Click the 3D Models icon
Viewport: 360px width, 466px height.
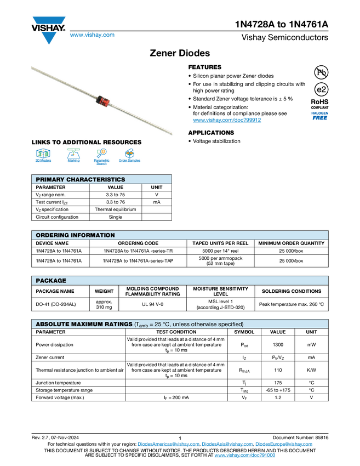[43, 154]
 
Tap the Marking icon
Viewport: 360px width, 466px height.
[73, 154]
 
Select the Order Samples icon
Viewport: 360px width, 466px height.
[130, 154]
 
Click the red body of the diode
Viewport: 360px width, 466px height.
[101, 100]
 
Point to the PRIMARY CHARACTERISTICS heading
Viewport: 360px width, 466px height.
[80, 179]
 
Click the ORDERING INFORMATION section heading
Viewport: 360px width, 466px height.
[75, 235]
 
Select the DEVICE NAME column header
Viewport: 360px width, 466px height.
[52, 243]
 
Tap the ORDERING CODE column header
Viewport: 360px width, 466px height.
[138, 243]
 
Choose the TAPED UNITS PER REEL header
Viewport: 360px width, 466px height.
[220, 243]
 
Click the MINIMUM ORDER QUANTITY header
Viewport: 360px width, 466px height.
[292, 243]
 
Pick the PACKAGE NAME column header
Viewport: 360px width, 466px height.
[55, 291]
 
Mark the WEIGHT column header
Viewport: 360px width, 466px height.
[104, 291]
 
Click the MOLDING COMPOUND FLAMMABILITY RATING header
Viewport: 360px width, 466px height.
[152, 291]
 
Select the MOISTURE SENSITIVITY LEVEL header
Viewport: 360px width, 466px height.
[221, 291]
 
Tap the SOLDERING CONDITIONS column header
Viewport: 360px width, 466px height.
[292, 291]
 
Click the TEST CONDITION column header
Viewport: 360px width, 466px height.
[176, 332]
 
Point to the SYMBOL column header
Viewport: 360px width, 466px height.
[244, 332]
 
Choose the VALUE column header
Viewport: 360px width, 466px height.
[278, 332]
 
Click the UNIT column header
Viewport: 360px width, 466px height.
[312, 332]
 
